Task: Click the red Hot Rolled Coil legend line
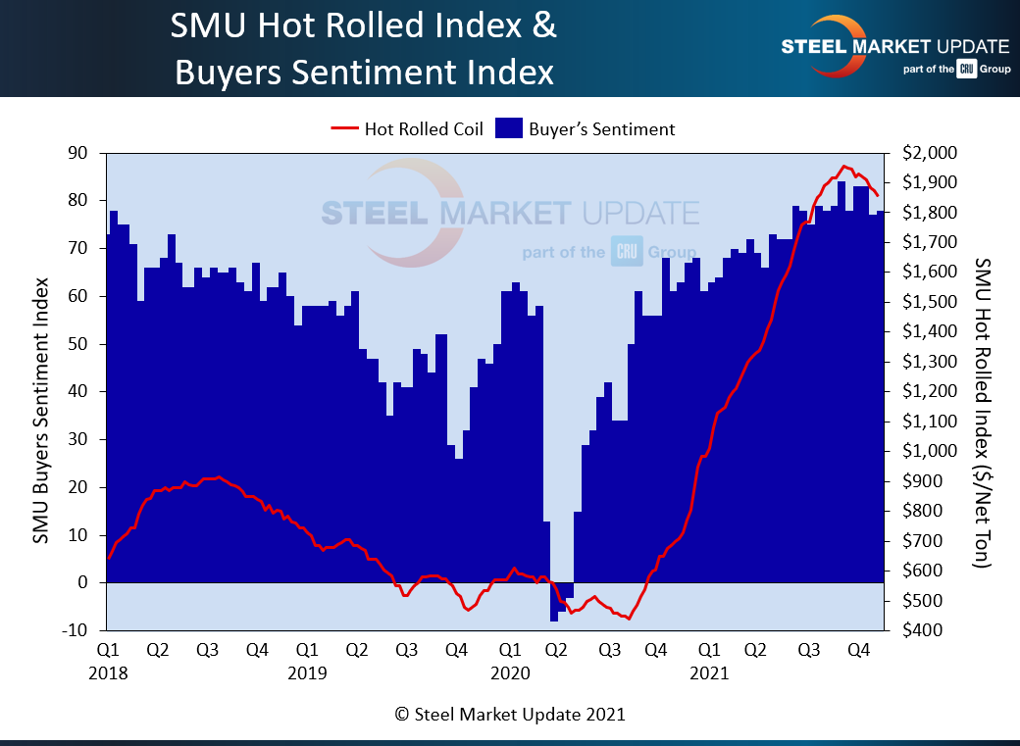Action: point(345,128)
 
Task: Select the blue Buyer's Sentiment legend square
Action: point(507,128)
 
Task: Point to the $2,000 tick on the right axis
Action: point(922,154)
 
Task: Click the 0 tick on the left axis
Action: point(85,583)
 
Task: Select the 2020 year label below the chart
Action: point(509,673)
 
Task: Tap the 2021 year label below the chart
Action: point(708,673)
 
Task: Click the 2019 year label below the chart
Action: point(307,673)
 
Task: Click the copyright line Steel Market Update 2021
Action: point(509,715)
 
